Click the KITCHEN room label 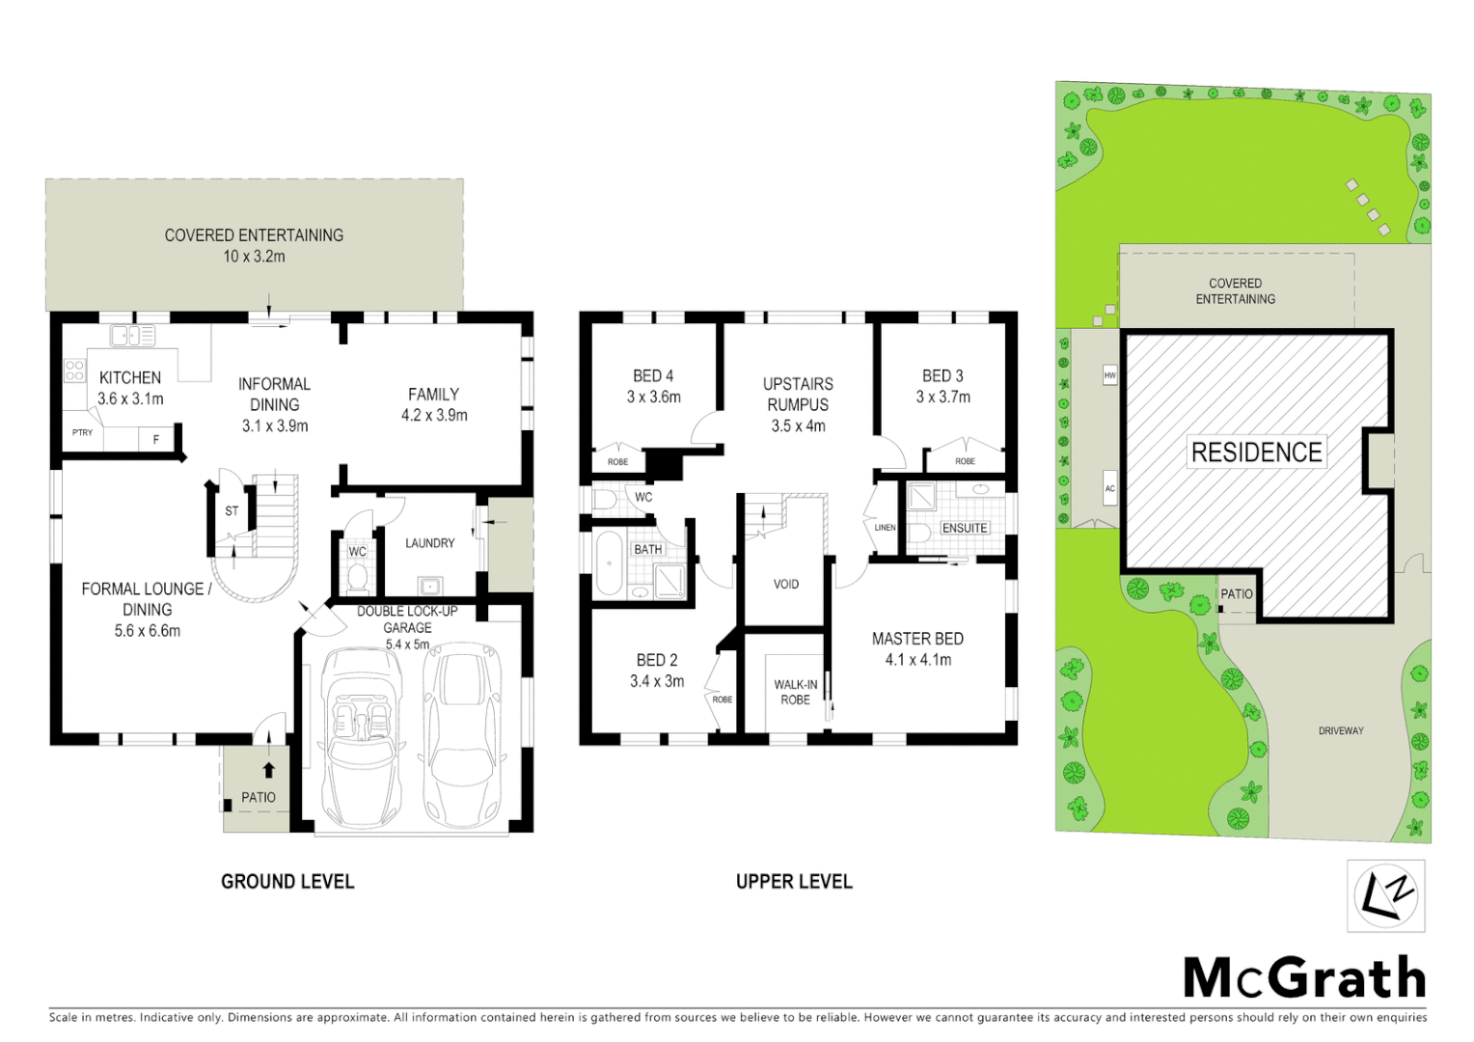[x=130, y=377]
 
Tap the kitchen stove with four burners [x=74, y=370]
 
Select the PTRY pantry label [x=83, y=433]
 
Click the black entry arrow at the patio [x=268, y=770]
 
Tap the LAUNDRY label [x=429, y=543]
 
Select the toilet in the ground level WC [x=358, y=577]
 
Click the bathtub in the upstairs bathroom [x=609, y=562]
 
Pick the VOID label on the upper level [x=785, y=584]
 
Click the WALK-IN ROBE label [x=795, y=692]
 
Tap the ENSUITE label [x=965, y=528]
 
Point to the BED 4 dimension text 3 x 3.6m [x=653, y=397]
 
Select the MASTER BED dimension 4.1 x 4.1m [x=917, y=660]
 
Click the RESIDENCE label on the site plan [x=1256, y=452]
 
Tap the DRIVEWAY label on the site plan [x=1341, y=730]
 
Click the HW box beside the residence [x=1109, y=375]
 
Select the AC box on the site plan [x=1109, y=489]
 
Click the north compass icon [x=1385, y=895]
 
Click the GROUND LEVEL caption [x=287, y=881]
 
